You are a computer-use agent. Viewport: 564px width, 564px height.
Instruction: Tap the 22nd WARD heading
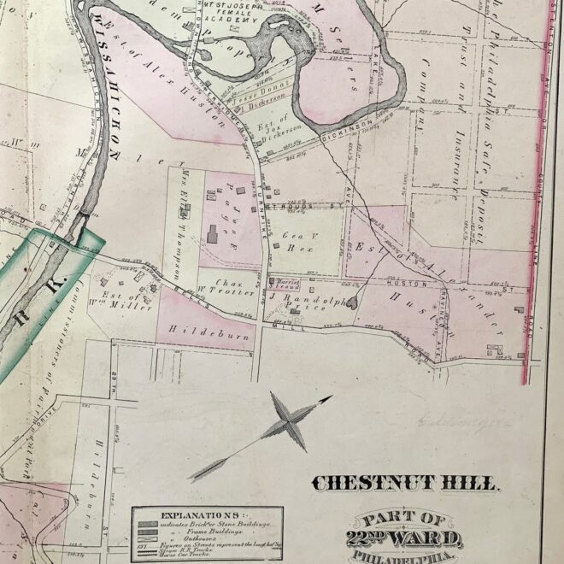[412, 538]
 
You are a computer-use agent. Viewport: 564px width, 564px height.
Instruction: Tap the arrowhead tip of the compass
[331, 397]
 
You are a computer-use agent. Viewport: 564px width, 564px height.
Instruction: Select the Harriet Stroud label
[284, 284]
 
